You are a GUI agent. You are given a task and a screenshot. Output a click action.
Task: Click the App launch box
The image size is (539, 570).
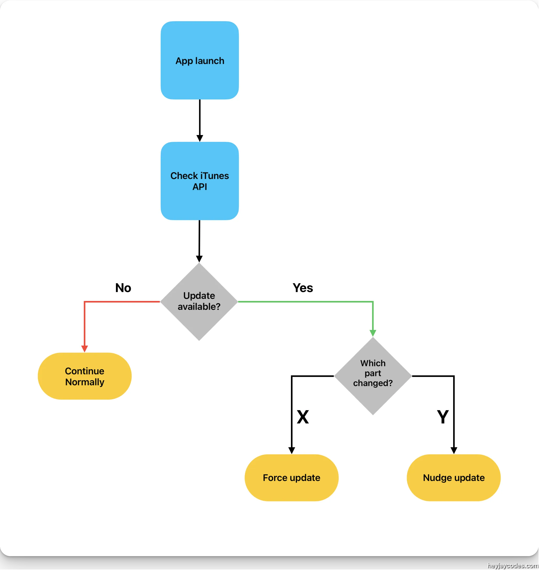tap(200, 60)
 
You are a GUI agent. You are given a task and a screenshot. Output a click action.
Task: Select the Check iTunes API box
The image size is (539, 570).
tap(200, 181)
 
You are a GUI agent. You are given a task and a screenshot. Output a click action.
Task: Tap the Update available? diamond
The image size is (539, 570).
tap(199, 301)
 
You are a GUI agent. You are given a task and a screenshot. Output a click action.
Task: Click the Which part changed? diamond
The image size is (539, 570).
tap(373, 376)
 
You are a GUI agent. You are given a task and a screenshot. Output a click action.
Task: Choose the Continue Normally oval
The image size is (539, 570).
tap(85, 376)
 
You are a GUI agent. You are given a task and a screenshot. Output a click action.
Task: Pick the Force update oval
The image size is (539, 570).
tap(291, 478)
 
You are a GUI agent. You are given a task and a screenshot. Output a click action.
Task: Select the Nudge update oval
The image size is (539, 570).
tap(454, 478)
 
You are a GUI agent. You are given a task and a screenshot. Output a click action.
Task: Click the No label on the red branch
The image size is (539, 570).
tap(123, 288)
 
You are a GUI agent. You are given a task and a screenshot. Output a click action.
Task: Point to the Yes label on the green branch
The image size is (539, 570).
tap(303, 288)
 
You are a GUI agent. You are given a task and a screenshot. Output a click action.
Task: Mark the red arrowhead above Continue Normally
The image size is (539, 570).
tap(85, 349)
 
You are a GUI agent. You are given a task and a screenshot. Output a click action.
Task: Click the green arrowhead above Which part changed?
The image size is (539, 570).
tap(373, 333)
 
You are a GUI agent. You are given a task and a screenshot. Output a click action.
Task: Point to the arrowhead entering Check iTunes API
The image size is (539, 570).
tap(200, 138)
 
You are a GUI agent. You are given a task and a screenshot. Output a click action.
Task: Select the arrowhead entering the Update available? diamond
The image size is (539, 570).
tap(199, 259)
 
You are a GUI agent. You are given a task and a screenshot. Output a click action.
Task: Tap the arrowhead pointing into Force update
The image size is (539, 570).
tap(292, 450)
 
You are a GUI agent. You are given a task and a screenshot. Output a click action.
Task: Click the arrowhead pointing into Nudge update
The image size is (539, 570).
tap(454, 450)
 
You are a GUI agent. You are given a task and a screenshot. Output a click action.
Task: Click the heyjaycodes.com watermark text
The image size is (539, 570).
tap(512, 565)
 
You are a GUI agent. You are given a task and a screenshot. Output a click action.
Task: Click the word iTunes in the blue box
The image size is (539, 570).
tap(214, 176)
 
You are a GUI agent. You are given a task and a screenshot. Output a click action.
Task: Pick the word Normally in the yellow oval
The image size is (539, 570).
tap(85, 382)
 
